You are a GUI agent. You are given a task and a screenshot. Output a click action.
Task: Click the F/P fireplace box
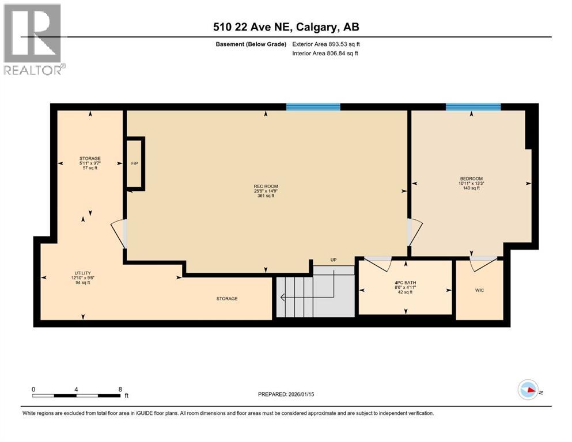135,163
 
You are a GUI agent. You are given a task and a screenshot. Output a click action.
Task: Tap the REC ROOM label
265,186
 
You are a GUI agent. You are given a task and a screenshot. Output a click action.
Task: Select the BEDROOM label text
471,178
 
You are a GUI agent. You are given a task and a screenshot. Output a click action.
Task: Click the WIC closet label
479,290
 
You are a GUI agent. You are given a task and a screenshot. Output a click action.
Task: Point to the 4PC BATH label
405,283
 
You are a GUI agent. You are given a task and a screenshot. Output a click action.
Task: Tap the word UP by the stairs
333,260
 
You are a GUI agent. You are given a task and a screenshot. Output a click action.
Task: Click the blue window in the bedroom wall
473,106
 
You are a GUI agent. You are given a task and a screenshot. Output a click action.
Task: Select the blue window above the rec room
313,106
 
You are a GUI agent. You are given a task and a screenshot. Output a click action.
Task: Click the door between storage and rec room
119,234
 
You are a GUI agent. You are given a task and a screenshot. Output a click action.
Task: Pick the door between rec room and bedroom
414,232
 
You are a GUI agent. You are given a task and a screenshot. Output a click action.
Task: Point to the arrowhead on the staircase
282,298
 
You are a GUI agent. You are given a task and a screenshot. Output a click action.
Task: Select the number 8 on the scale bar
119,388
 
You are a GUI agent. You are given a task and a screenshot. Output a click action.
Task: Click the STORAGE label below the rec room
227,299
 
